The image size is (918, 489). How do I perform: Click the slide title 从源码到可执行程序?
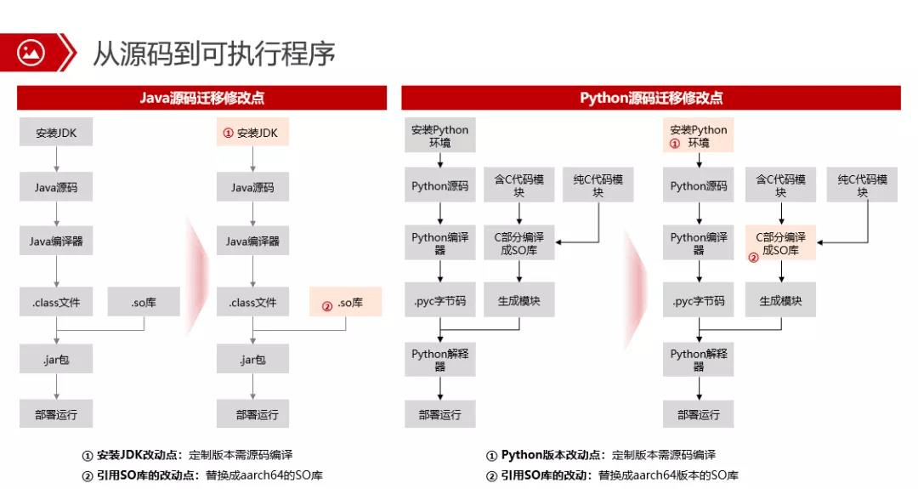(214, 53)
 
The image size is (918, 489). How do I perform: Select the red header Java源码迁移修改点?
(201, 98)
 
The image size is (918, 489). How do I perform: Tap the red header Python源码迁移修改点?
(651, 98)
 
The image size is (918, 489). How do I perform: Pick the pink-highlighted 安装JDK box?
(252, 133)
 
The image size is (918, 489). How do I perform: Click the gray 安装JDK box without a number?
(56, 133)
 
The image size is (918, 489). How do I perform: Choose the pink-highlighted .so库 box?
(345, 303)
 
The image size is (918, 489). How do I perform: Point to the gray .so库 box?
(144, 302)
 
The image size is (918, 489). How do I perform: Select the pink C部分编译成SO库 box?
(780, 243)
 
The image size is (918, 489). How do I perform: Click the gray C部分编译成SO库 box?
(518, 243)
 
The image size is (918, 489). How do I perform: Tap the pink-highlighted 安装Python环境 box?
(698, 136)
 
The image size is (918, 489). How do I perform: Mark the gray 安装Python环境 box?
(439, 136)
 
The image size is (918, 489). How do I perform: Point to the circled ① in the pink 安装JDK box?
(228, 134)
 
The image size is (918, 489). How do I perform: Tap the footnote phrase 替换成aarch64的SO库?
(264, 475)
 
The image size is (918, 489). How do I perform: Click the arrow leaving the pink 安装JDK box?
(252, 159)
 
